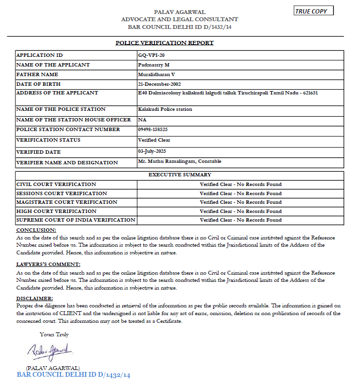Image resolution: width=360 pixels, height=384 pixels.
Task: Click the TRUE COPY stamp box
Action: [313, 11]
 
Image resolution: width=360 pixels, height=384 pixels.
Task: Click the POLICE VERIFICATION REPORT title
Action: [165, 43]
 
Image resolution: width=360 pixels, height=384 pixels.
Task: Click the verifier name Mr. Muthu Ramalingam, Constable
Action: [180, 161]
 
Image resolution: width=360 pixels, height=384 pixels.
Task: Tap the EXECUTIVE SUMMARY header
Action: [180, 175]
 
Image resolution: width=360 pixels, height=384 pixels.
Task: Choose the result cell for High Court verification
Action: [241, 211]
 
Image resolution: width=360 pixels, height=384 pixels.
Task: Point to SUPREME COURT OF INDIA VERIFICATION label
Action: [76, 220]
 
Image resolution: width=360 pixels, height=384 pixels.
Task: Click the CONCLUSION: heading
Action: [36, 230]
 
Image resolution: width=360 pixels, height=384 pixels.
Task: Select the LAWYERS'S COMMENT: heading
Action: [48, 265]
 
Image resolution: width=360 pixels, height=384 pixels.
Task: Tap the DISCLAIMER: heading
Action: [35, 299]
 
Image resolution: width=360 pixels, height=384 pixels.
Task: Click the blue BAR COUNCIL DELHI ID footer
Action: [73, 374]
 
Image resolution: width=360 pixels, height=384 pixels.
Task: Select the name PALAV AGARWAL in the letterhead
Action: [180, 12]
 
